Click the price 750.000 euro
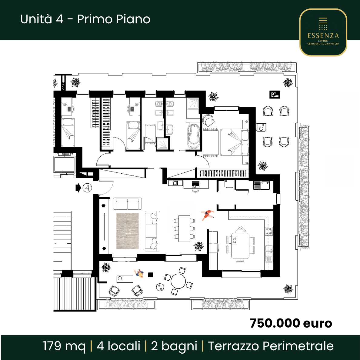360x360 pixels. [291, 323]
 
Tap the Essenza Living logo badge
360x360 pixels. [323, 32]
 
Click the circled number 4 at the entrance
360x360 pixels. [87, 188]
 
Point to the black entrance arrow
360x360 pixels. [78, 188]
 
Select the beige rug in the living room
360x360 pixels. [127, 231]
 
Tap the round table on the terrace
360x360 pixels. [178, 281]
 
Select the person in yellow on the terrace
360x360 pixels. [139, 274]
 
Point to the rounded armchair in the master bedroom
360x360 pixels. [208, 120]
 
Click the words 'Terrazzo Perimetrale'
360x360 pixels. [271, 346]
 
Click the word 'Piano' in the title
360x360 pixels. [133, 19]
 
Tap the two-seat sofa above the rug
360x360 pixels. [127, 204]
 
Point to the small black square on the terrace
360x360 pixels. [150, 275]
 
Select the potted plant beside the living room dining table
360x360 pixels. [199, 246]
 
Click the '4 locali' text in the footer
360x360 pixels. [118, 346]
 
